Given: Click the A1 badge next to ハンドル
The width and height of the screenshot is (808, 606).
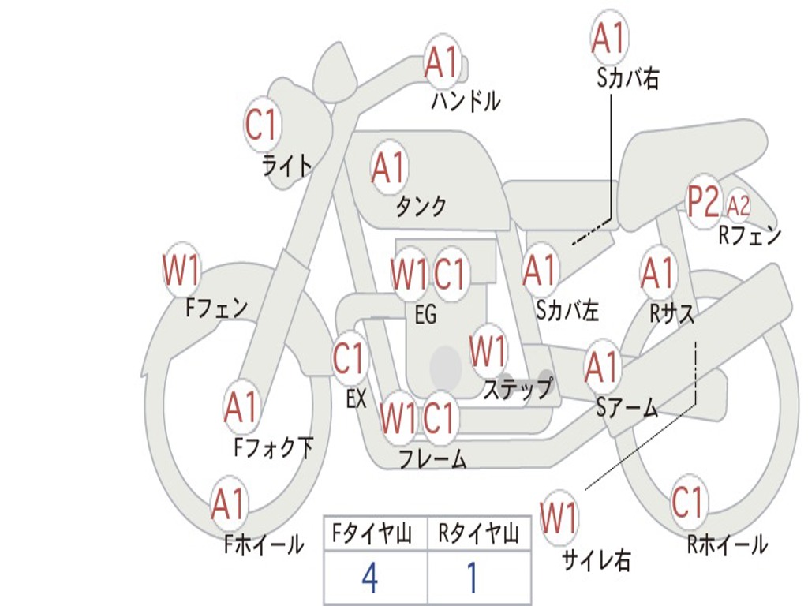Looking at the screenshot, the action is (x=442, y=62).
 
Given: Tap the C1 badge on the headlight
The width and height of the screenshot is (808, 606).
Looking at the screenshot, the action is (x=262, y=124).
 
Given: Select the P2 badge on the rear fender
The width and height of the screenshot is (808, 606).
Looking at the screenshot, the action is (x=704, y=201).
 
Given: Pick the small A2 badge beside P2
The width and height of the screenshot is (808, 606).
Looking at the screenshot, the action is (x=738, y=206).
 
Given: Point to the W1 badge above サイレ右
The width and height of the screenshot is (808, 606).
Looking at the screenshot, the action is (x=559, y=517).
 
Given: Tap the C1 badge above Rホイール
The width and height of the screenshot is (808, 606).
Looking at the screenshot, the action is (x=687, y=501).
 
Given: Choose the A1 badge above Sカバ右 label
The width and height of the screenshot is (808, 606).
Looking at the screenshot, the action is (x=609, y=38).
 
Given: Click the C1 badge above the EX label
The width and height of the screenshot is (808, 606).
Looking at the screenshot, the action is (x=350, y=357).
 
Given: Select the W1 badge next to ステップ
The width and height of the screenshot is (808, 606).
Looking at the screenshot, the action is (x=488, y=352).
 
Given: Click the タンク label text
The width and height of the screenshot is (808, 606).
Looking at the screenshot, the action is (x=421, y=206).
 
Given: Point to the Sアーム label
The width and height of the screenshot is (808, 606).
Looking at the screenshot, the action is (x=627, y=408).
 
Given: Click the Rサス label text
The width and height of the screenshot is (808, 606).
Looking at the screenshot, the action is (x=671, y=312).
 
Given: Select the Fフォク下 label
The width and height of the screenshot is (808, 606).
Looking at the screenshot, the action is (x=273, y=447).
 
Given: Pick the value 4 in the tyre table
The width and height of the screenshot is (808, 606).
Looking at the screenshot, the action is (x=370, y=578).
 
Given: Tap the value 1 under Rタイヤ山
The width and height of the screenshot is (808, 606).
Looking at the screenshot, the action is (x=473, y=578).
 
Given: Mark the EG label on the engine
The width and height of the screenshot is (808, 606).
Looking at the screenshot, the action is (x=425, y=314).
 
